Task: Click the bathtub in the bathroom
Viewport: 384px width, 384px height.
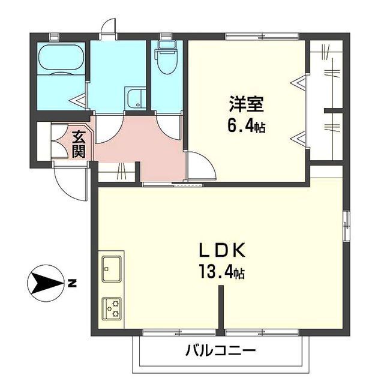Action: (x=62, y=59)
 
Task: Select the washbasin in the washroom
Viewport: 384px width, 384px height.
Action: (x=135, y=98)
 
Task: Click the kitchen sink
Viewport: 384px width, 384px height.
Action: (x=112, y=267)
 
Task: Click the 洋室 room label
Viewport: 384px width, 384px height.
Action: (x=245, y=104)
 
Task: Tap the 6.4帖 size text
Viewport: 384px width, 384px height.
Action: (x=247, y=126)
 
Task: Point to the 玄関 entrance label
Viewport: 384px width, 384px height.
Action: (x=79, y=144)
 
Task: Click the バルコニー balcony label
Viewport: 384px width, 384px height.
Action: (x=221, y=350)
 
